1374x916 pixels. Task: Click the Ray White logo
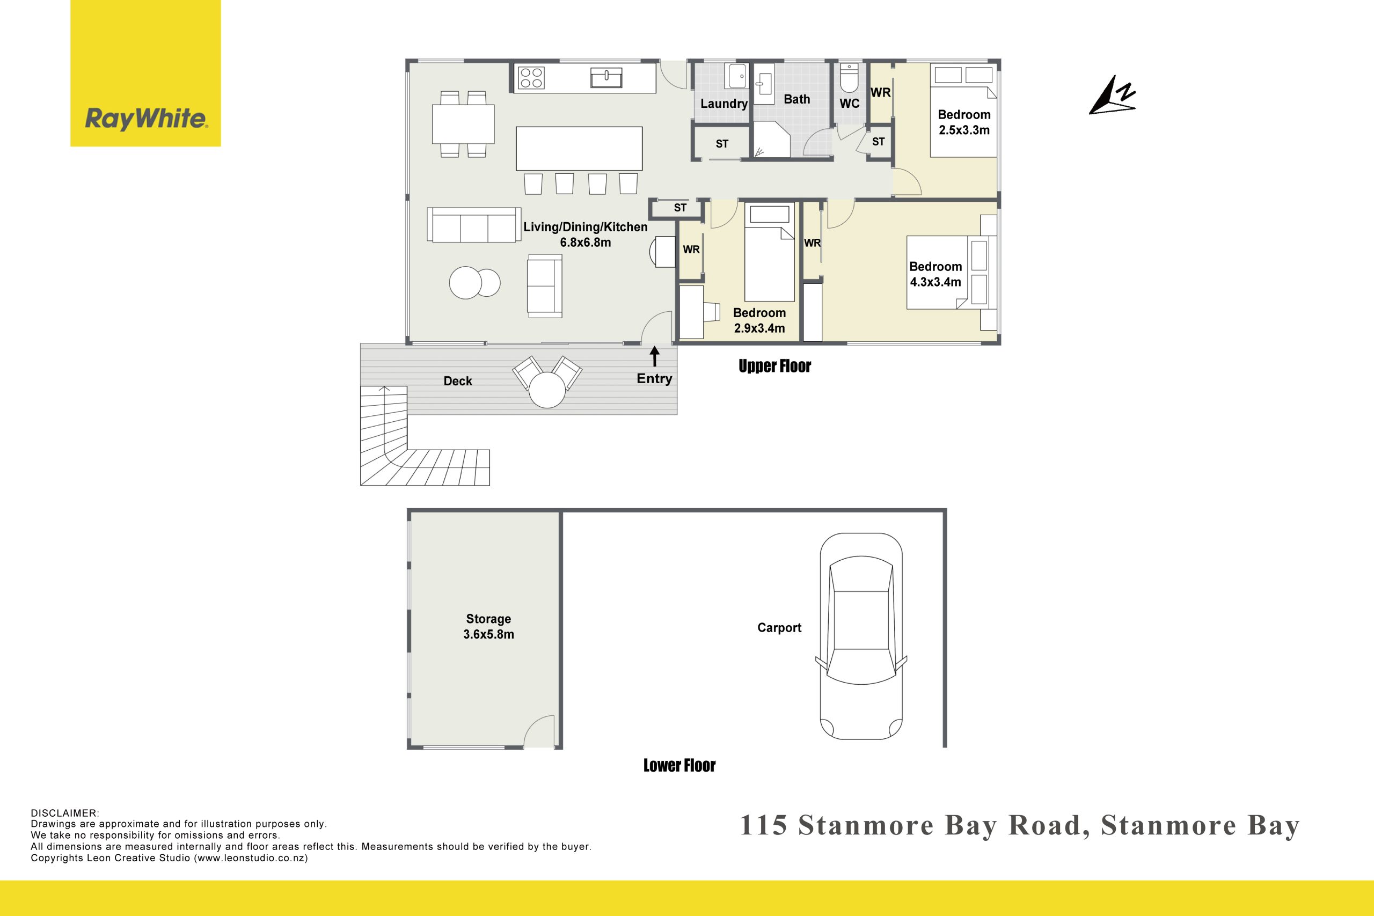click(145, 73)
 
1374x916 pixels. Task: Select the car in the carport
click(861, 636)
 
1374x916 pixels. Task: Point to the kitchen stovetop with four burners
click(531, 78)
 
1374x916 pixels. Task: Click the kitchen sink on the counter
click(606, 78)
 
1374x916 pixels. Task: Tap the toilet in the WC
click(849, 78)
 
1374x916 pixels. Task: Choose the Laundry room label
click(724, 104)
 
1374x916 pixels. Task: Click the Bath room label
click(797, 99)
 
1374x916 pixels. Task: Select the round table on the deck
click(547, 390)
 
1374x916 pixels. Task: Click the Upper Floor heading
click(774, 367)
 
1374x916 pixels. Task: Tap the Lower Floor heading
click(679, 765)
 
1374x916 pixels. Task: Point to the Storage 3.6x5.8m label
click(488, 626)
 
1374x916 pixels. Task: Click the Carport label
click(779, 628)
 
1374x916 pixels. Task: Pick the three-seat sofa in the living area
click(474, 224)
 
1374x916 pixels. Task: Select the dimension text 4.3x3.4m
click(936, 282)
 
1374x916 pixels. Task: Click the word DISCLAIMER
click(65, 813)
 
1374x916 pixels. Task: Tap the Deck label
click(457, 381)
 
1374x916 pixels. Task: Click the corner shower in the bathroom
click(771, 139)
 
